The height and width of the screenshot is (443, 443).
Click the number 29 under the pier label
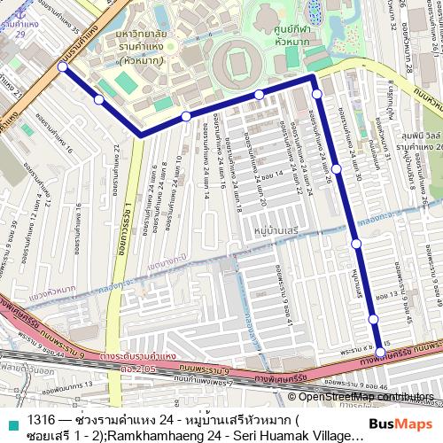click(x=19, y=33)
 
